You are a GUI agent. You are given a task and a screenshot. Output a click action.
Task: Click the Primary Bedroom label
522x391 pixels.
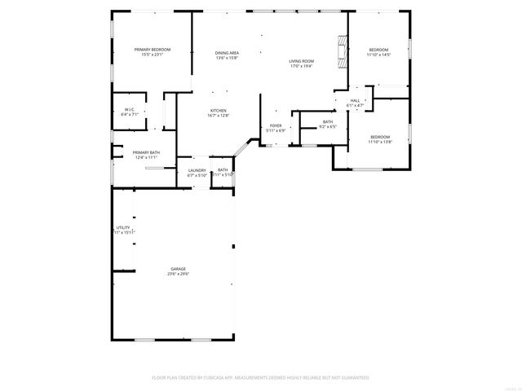coord(153,50)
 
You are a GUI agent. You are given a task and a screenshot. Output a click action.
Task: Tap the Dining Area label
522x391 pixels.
coord(227,53)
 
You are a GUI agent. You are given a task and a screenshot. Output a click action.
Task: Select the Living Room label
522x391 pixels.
coord(301,61)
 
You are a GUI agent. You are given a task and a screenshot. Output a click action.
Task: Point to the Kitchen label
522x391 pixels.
coord(219,111)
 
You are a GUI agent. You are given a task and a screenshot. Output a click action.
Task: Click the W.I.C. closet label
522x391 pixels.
coord(130,109)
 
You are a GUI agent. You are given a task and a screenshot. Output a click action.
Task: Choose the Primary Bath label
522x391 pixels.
coord(146,152)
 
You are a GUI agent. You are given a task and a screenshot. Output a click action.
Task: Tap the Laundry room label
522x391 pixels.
coord(197,170)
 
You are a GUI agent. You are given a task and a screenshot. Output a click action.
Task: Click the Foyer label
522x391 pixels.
coord(276,125)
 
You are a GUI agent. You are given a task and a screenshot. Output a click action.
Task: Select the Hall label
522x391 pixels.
coord(355,100)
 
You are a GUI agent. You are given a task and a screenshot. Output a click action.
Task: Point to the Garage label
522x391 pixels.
coord(178,269)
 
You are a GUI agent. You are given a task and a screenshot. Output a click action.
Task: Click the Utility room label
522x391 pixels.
coord(123,227)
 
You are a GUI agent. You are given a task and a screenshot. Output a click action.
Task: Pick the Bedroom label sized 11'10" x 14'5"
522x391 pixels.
coord(379,50)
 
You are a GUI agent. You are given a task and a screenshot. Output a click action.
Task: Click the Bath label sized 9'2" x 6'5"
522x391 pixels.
coord(327,121)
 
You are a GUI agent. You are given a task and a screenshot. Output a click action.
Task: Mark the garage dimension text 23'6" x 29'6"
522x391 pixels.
coord(178,274)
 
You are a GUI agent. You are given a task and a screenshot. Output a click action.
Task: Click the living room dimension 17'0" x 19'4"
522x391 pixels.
coord(301,66)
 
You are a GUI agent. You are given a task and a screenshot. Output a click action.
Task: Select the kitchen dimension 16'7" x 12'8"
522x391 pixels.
coord(219,116)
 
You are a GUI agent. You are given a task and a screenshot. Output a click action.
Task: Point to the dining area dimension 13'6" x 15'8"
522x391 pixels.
coord(227,58)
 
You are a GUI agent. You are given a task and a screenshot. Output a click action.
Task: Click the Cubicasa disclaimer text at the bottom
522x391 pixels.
coord(261,378)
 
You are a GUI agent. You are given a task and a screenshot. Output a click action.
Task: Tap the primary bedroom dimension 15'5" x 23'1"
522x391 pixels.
coord(153,55)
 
